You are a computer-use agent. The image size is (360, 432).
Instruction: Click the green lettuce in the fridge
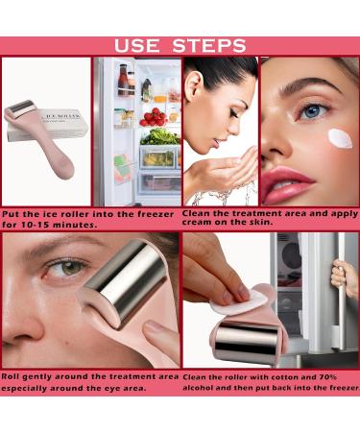tap(159, 136)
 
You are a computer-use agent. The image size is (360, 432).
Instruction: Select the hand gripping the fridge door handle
tap(338, 278)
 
